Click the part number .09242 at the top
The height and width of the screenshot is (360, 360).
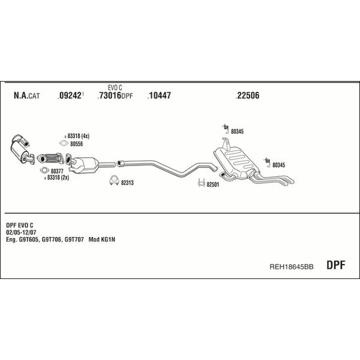pyautogui.click(x=70, y=95)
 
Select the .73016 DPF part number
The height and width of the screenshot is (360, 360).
pyautogui.click(x=115, y=95)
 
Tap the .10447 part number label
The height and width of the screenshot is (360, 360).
pyautogui.click(x=159, y=95)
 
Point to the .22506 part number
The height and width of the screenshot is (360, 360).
pyautogui.click(x=247, y=95)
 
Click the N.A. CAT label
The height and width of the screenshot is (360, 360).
pyautogui.click(x=27, y=95)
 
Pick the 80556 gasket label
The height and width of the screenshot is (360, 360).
pyautogui.click(x=76, y=144)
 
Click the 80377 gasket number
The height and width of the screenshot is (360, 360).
pyautogui.click(x=57, y=171)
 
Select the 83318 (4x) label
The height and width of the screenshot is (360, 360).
pyautogui.click(x=78, y=136)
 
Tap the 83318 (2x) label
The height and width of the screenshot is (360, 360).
pyautogui.click(x=58, y=178)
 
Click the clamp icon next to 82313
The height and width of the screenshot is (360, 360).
pyautogui.click(x=113, y=181)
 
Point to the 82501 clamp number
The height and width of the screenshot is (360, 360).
pyautogui.click(x=213, y=185)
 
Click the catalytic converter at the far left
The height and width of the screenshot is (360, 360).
pyautogui.click(x=21, y=149)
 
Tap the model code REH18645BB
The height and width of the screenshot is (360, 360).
pyautogui.click(x=292, y=266)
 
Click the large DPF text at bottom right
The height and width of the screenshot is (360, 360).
pyautogui.click(x=335, y=265)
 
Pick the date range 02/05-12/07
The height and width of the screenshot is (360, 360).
pyautogui.click(x=21, y=232)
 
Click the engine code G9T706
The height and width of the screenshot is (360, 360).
pyautogui.click(x=52, y=239)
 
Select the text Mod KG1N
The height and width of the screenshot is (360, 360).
pyautogui.click(x=102, y=239)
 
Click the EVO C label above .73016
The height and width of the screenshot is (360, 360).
pyautogui.click(x=115, y=88)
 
